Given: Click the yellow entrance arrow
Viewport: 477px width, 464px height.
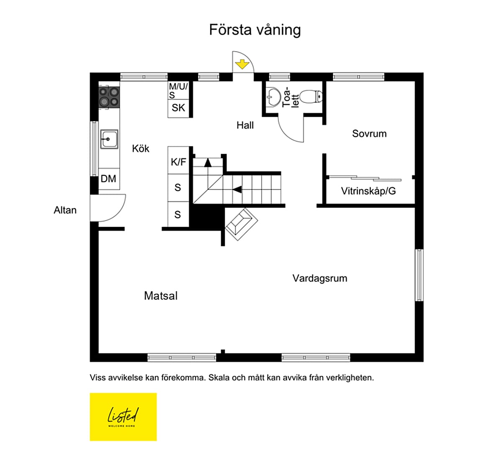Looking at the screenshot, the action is [242, 64].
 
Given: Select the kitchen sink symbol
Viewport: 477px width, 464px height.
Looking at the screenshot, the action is [109, 139].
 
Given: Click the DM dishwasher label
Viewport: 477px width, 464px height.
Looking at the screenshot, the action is [108, 179].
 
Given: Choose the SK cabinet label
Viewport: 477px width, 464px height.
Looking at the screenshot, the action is [178, 108].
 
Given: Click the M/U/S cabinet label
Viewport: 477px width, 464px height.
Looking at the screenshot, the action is [178, 90].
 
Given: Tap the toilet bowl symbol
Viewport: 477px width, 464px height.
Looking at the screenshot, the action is [311, 97].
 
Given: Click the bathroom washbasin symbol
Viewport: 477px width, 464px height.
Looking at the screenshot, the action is [273, 97].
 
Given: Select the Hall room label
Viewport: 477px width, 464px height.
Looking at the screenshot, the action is [245, 125].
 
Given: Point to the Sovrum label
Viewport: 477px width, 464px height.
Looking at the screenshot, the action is [369, 133].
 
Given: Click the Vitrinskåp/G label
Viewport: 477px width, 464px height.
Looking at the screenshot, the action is [368, 191].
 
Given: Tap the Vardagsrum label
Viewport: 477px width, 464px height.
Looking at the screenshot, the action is [320, 278].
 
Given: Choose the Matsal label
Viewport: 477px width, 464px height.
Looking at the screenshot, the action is [161, 296].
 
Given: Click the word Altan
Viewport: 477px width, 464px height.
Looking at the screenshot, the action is [65, 210].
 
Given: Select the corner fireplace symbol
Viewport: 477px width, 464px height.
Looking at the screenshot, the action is [241, 224].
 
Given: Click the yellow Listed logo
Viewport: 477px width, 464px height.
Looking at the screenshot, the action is [123, 417].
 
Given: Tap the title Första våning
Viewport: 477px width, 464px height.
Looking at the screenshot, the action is [255, 30].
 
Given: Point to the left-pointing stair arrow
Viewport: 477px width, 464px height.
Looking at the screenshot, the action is [237, 190].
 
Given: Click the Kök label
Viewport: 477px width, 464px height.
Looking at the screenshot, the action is [141, 149].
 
